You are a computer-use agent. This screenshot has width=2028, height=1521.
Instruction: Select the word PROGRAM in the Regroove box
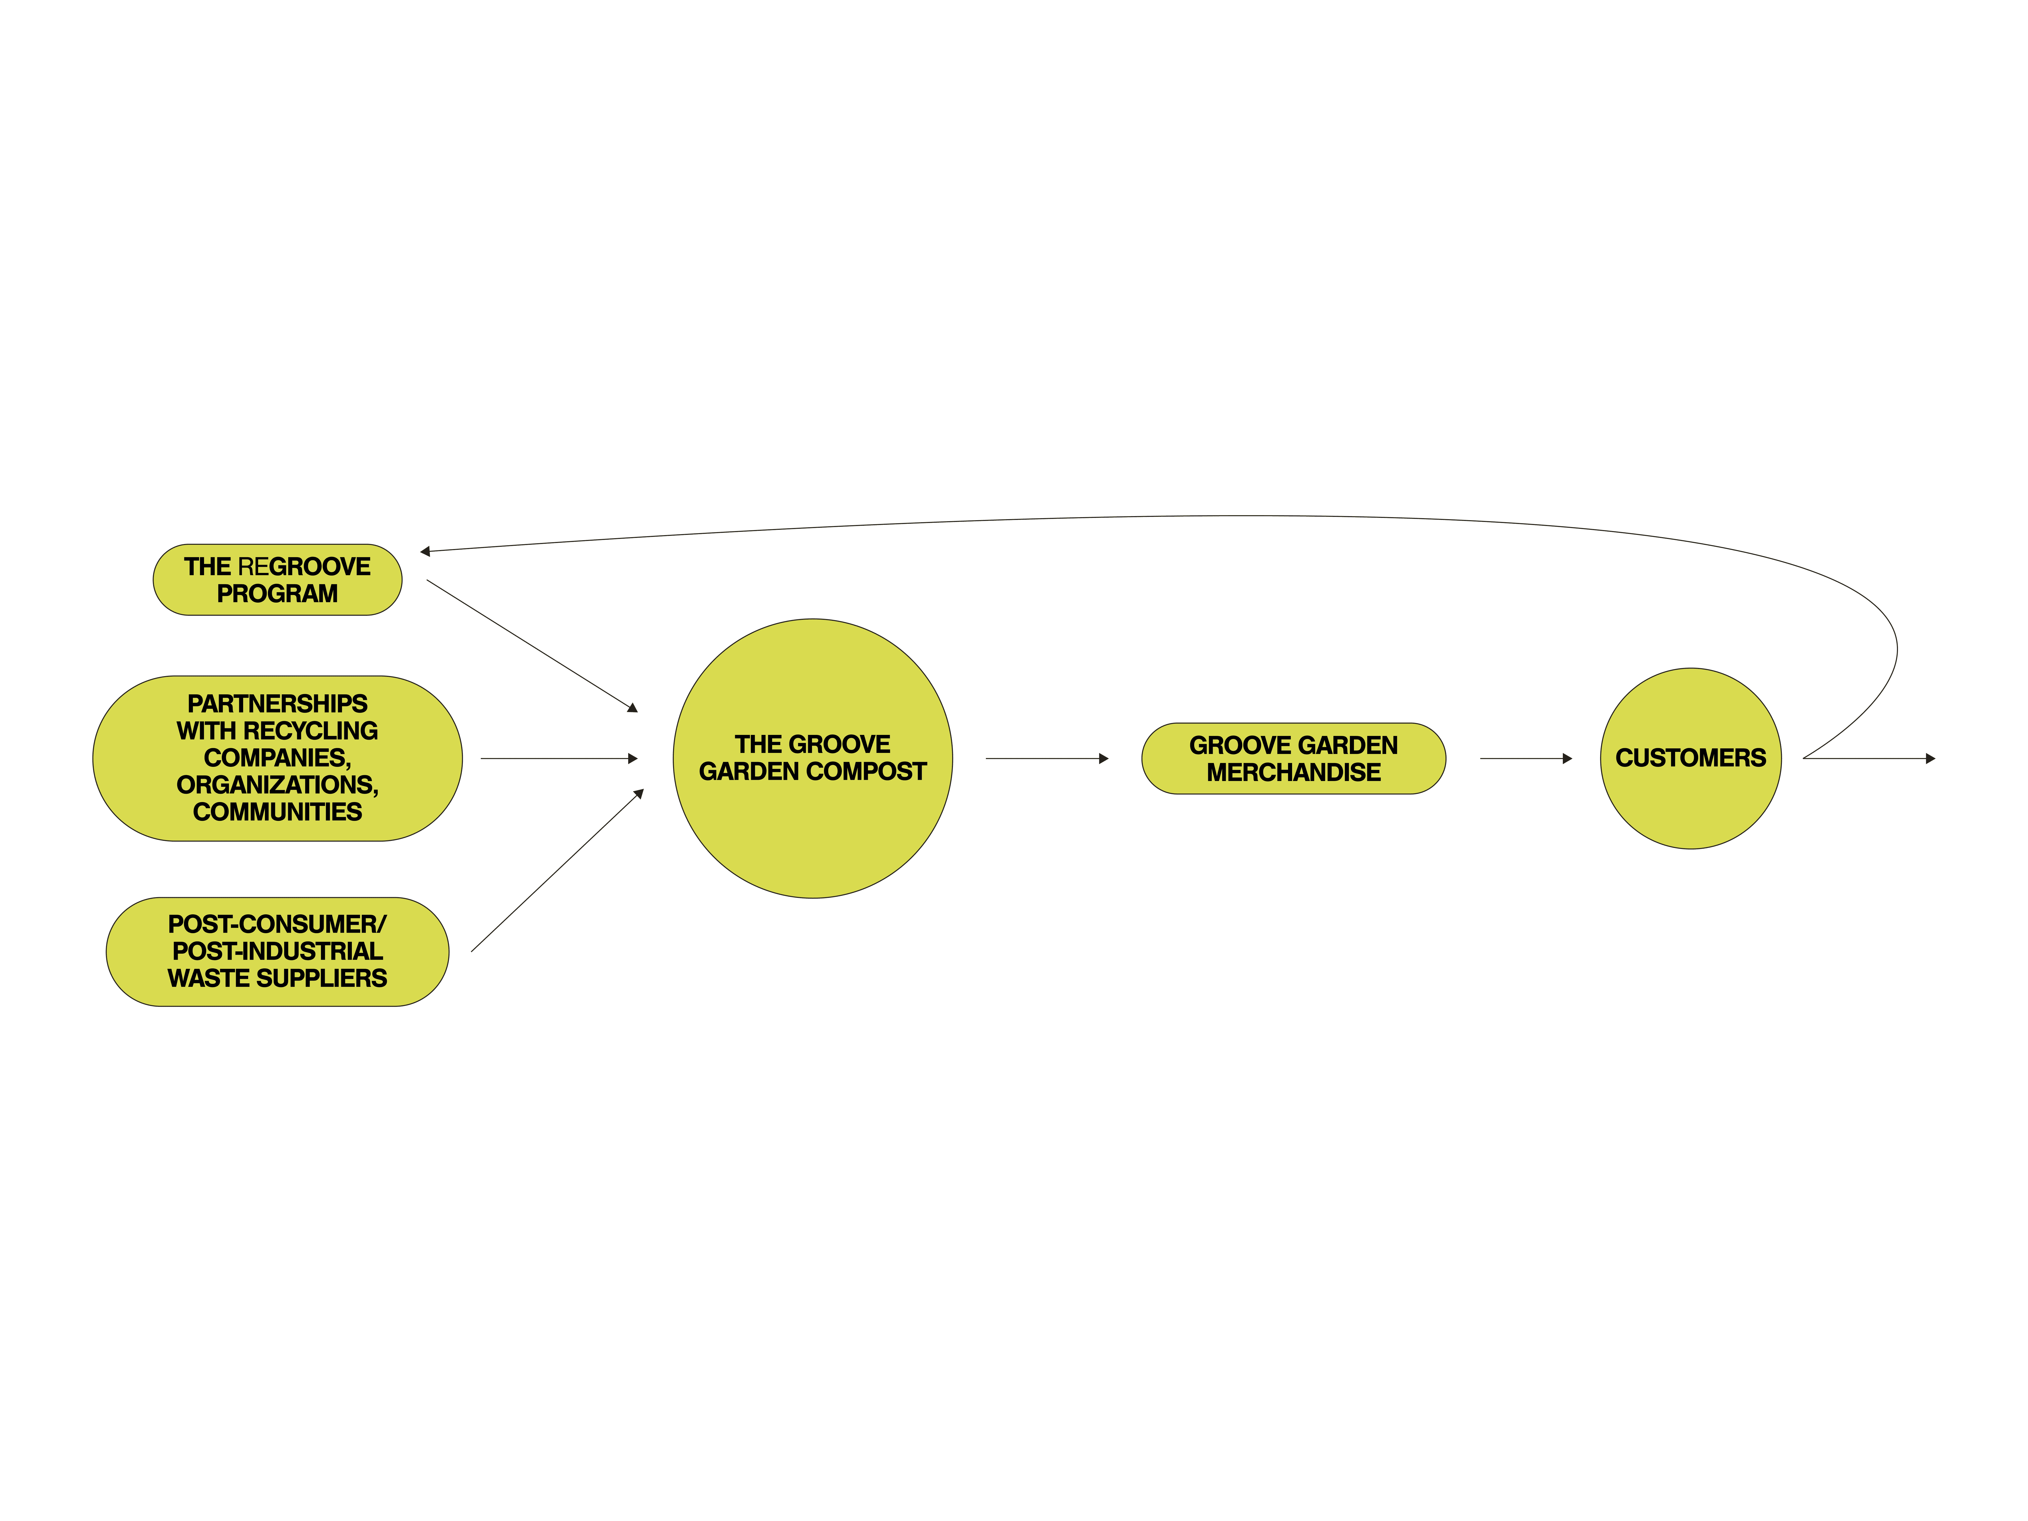pyautogui.click(x=277, y=594)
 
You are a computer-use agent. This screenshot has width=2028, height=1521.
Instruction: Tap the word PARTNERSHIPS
pyautogui.click(x=277, y=704)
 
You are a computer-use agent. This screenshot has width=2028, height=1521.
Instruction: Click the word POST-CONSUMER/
pyautogui.click(x=277, y=924)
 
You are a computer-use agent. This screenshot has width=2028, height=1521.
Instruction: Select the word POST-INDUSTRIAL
pyautogui.click(x=277, y=952)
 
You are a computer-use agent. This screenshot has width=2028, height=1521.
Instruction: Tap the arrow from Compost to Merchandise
pyautogui.click(x=1046, y=758)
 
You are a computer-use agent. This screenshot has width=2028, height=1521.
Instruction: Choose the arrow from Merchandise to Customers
pyautogui.click(x=1526, y=758)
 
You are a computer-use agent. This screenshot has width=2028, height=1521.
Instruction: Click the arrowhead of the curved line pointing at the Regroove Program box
pyautogui.click(x=425, y=551)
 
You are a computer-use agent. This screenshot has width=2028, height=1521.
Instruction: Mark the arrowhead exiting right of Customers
pyautogui.click(x=1930, y=758)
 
